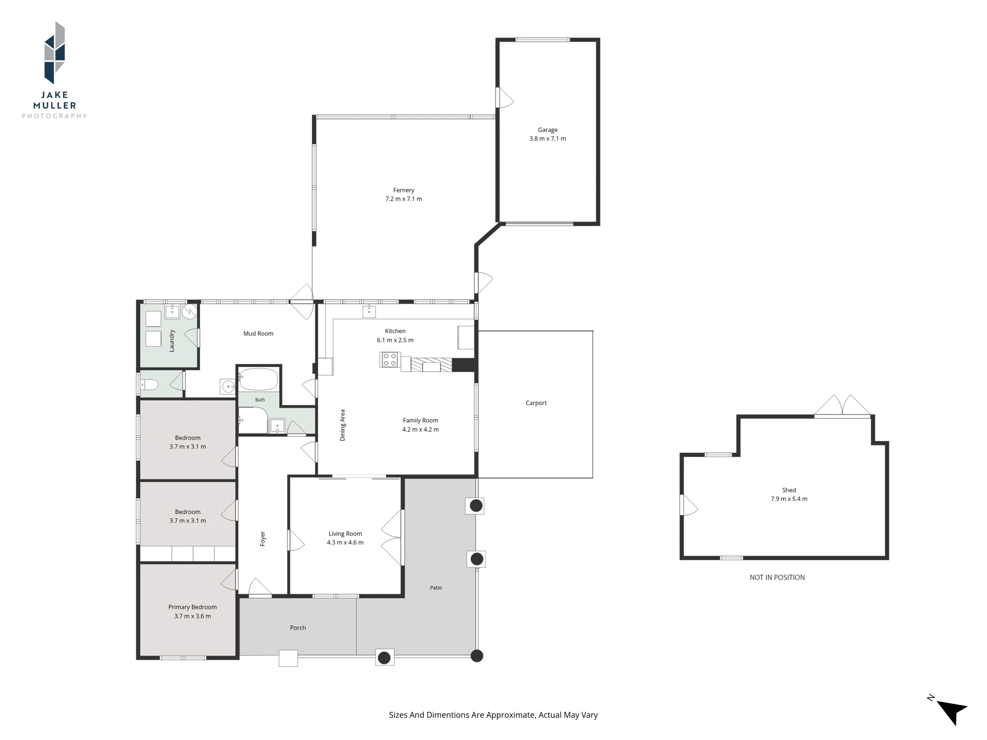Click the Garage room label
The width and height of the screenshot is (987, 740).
click(547, 130)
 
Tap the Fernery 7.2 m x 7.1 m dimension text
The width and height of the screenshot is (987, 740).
click(404, 199)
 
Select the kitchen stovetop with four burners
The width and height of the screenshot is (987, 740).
click(389, 360)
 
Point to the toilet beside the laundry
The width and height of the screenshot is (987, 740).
click(149, 384)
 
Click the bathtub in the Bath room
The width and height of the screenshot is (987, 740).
click(259, 380)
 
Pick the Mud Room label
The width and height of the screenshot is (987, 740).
click(258, 333)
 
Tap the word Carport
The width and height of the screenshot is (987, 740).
click(536, 403)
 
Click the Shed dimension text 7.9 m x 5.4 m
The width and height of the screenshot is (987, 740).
click(789, 499)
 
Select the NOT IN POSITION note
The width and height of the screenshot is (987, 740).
click(777, 577)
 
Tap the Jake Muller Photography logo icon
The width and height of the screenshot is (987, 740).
click(55, 53)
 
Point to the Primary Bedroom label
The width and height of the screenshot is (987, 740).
click(192, 607)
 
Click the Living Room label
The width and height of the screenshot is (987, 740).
click(345, 534)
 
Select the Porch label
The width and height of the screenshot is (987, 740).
click(298, 628)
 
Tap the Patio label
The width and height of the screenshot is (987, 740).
click(436, 588)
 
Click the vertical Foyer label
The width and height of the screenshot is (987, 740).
click(263, 538)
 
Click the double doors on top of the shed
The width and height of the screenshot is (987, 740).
click(842, 406)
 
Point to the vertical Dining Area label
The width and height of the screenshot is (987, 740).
click(342, 425)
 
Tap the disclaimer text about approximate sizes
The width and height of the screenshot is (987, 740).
click(493, 715)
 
